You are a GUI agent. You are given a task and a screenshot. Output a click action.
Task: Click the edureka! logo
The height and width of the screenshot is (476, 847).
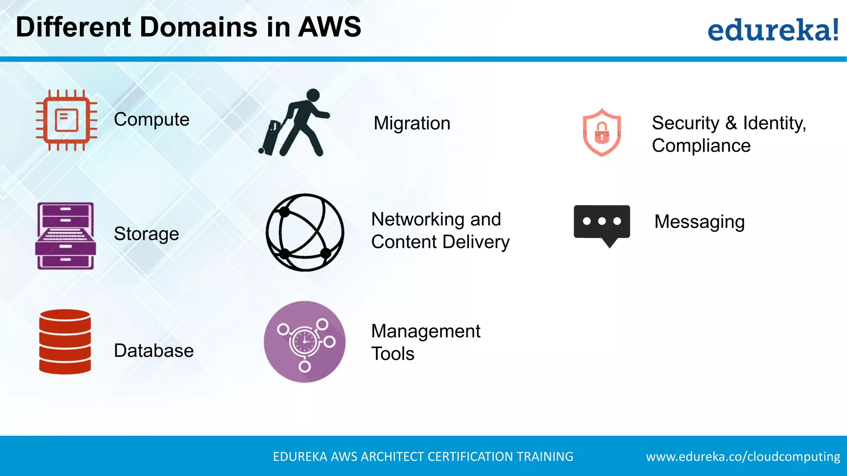[x=773, y=30]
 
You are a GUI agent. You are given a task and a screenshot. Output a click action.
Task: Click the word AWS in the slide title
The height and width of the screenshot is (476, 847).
[x=329, y=27]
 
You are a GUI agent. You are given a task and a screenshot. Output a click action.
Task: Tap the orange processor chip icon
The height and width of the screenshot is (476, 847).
[x=67, y=120]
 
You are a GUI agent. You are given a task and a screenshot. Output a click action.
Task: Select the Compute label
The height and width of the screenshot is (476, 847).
[x=151, y=120]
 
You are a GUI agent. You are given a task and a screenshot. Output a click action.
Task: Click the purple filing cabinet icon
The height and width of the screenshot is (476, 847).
[x=66, y=236]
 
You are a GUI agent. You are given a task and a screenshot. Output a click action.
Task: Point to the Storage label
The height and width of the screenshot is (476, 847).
[x=146, y=234]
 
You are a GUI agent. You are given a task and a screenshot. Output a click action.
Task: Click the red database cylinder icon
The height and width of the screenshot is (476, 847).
[x=65, y=342]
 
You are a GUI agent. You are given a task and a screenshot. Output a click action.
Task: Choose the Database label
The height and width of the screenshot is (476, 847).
[x=153, y=351]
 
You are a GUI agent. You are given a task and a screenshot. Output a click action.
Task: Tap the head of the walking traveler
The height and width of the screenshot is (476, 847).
[x=313, y=95]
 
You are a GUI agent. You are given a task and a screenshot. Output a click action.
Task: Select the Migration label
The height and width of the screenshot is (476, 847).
[x=412, y=124]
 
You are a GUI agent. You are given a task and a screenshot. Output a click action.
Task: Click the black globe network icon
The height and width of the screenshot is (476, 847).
[x=305, y=232]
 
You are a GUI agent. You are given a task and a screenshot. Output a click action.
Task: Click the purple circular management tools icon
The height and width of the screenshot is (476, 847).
[x=305, y=342]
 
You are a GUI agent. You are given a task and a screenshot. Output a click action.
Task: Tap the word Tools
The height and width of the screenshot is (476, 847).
[x=392, y=354]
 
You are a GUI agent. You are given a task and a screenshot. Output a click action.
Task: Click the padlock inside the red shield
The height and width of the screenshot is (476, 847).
[x=602, y=133]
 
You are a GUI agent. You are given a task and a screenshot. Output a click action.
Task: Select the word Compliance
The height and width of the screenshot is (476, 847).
[x=701, y=146]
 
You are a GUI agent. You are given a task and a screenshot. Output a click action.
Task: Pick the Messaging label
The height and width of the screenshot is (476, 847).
[x=699, y=222]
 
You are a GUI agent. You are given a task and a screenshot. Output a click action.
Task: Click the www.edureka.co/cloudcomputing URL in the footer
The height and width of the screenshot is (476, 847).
[x=743, y=457]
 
